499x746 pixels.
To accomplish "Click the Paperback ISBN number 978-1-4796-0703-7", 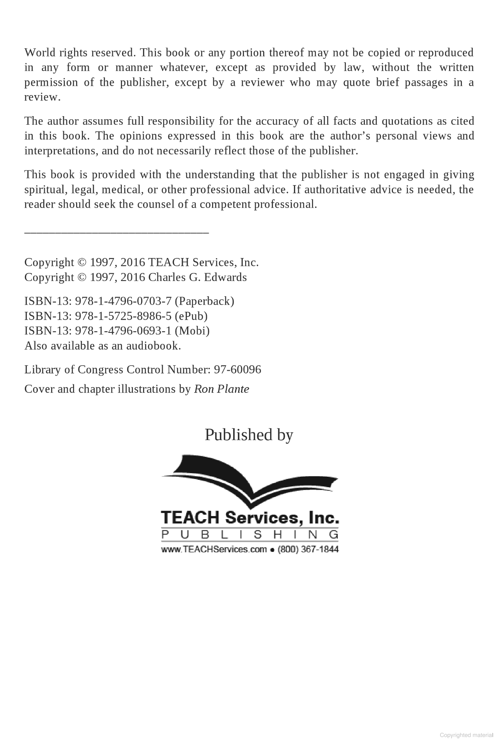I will tap(123, 301).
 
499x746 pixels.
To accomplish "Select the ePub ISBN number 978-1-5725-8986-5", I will tap(123, 316).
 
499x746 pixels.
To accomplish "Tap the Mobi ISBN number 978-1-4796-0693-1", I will tap(123, 331).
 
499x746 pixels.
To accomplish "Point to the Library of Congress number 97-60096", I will tap(237, 369).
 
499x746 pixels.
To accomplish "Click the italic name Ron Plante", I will tap(221, 389).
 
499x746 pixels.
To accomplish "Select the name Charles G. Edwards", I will tap(198, 277).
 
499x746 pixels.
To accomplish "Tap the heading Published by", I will tap(249, 435).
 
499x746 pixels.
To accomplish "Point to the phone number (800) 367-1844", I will tap(308, 550).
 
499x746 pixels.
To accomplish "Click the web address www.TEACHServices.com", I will tap(214, 550).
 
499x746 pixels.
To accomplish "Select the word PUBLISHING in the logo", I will tap(250, 535).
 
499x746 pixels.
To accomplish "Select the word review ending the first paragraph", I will tap(41, 97).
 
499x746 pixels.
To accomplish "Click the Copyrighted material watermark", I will tap(466, 735).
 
